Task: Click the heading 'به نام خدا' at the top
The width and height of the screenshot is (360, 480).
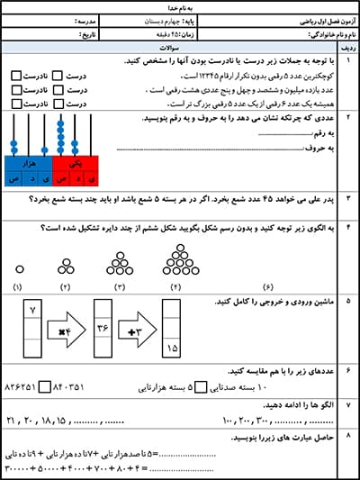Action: [x=180, y=6]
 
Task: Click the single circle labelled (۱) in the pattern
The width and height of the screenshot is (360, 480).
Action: [x=18, y=267]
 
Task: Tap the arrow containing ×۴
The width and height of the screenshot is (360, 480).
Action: [x=65, y=331]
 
